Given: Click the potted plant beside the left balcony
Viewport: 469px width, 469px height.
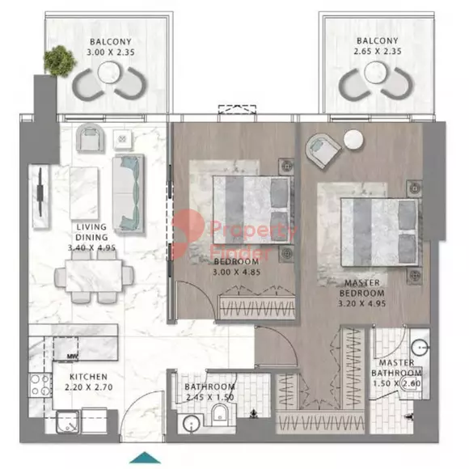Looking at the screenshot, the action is tap(59, 61).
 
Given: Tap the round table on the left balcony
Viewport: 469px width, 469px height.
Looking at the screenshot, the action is tap(109, 73).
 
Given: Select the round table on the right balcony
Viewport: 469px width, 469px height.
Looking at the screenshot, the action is tap(376, 73).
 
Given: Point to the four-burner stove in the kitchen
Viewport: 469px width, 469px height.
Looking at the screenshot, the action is tap(40, 385).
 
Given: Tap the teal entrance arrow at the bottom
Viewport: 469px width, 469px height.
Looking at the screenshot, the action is tap(145, 458).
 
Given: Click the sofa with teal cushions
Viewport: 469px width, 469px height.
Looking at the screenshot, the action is tap(129, 193).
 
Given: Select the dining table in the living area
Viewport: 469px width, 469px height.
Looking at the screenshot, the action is tap(94, 276).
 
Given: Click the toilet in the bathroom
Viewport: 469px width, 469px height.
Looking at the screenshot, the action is tap(220, 415).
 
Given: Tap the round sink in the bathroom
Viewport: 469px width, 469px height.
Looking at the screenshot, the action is tap(192, 425).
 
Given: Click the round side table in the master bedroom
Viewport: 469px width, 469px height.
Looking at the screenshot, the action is tap(353, 139).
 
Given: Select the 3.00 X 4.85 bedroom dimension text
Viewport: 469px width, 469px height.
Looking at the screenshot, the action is tap(236, 273).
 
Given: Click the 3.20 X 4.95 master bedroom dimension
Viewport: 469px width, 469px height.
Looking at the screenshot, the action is tap(361, 303).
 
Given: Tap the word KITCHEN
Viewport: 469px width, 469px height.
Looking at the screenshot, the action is tap(88, 377).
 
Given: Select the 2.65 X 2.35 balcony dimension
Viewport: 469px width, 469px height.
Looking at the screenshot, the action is tap(378, 51).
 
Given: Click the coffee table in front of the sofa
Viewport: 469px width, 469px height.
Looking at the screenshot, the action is tap(84, 193).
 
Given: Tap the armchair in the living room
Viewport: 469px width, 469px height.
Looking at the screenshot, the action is tap(90, 138).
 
